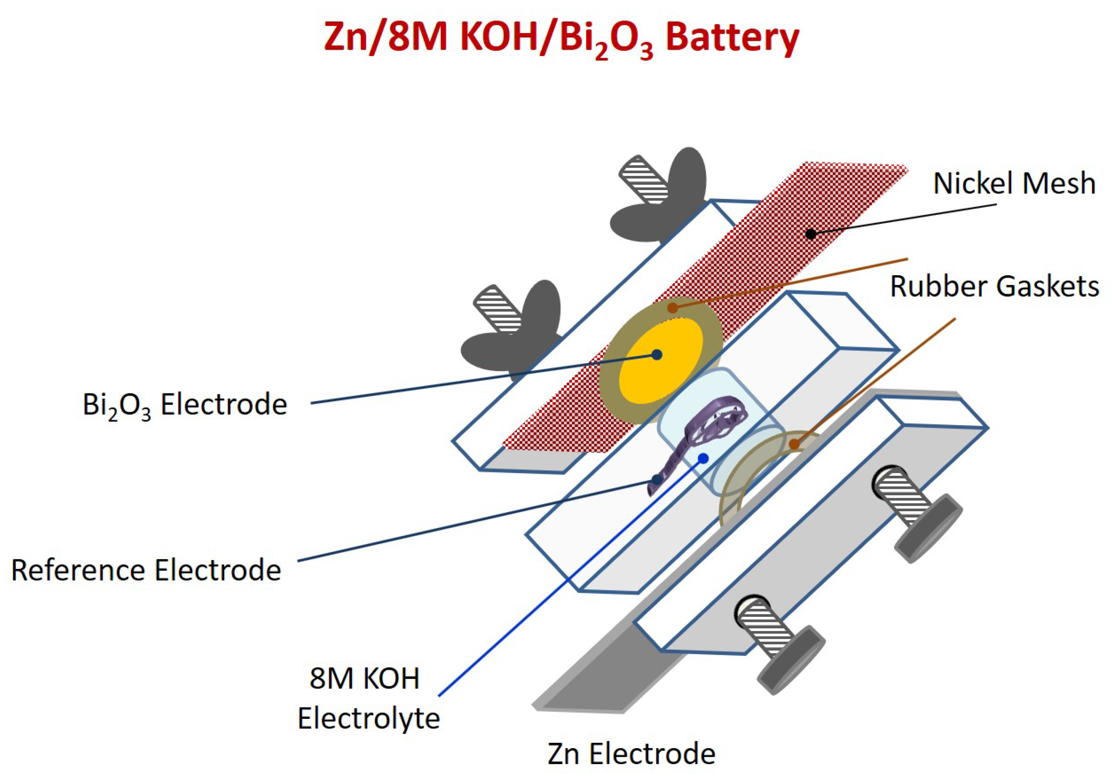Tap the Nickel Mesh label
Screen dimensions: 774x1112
[x=1014, y=184]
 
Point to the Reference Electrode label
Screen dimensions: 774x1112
[x=146, y=570]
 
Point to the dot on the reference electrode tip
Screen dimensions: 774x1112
[x=657, y=480]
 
